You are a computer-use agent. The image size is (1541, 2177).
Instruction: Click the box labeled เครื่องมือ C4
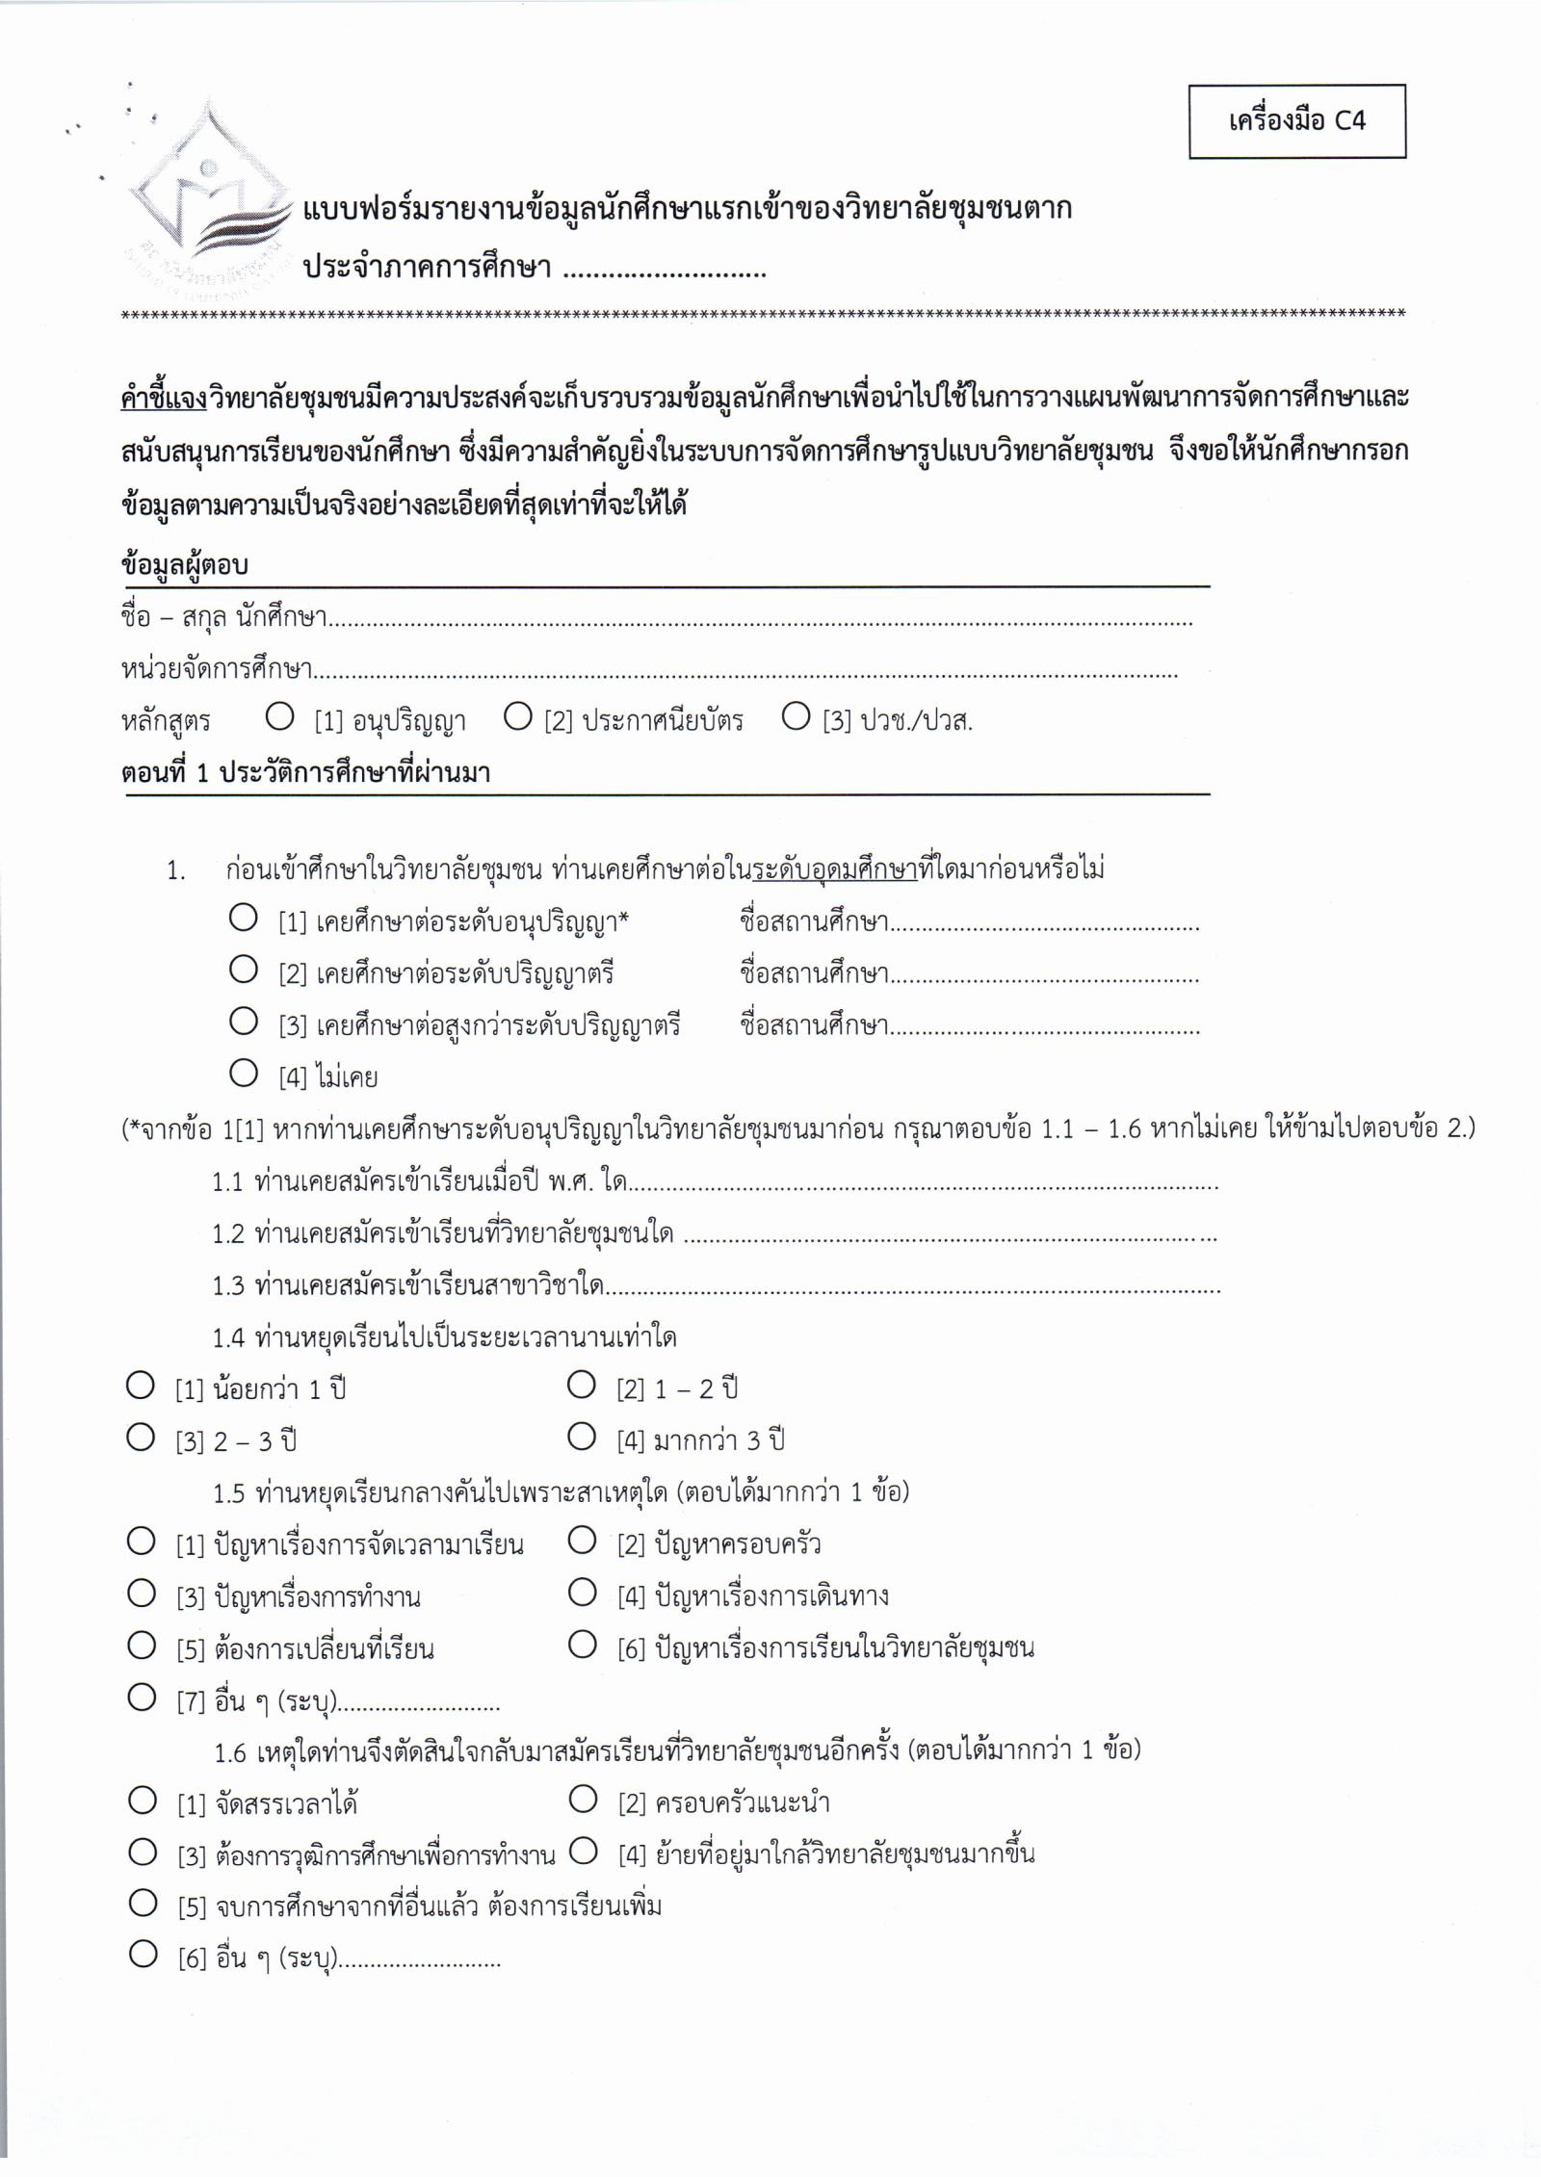tap(1296, 121)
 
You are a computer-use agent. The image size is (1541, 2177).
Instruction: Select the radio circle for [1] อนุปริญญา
tap(279, 716)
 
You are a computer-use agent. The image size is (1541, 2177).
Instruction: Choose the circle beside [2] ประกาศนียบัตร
tap(518, 716)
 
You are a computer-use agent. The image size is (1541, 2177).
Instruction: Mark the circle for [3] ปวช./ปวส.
tap(796, 716)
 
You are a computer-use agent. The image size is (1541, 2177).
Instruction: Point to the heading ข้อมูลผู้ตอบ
tap(185, 565)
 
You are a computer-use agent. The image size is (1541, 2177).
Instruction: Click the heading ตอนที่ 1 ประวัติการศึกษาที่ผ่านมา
tap(306, 773)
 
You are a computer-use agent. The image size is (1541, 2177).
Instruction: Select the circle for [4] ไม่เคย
tap(244, 1073)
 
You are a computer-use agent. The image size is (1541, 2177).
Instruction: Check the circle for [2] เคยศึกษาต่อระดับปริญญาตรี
tap(244, 969)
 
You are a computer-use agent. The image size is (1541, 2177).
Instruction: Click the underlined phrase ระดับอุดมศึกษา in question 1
tap(835, 869)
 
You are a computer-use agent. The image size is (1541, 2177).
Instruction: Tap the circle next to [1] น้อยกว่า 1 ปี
tap(141, 1386)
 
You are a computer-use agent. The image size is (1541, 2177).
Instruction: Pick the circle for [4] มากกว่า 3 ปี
tap(582, 1438)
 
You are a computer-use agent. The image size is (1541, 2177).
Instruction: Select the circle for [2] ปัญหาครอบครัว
tap(582, 1542)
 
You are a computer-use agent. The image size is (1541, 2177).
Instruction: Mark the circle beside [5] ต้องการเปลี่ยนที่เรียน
tap(142, 1646)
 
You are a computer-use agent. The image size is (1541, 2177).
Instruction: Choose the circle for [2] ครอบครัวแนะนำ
tap(583, 1799)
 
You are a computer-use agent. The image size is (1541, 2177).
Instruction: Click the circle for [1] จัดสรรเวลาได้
tap(143, 1800)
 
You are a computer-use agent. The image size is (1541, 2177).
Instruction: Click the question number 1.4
tap(229, 1337)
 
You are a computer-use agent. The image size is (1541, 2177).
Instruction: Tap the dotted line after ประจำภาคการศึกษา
tap(665, 271)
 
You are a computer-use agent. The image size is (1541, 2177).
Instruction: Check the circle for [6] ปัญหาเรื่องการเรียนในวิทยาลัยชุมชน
tap(582, 1645)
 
